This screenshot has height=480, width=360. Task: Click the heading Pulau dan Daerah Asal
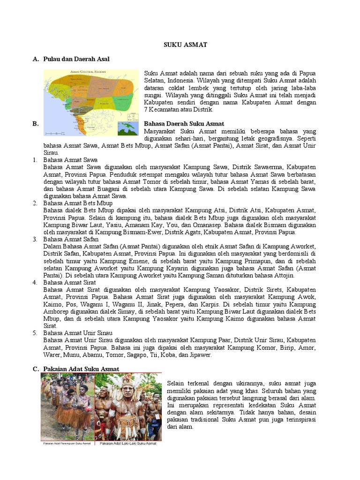76,59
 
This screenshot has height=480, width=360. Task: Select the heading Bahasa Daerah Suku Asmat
184,124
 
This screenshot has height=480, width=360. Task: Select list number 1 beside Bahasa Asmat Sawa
35,160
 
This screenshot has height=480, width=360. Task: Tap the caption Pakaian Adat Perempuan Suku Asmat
67,443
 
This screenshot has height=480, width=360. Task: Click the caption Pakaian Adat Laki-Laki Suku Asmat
128,443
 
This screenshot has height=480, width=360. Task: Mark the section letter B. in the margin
35,124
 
